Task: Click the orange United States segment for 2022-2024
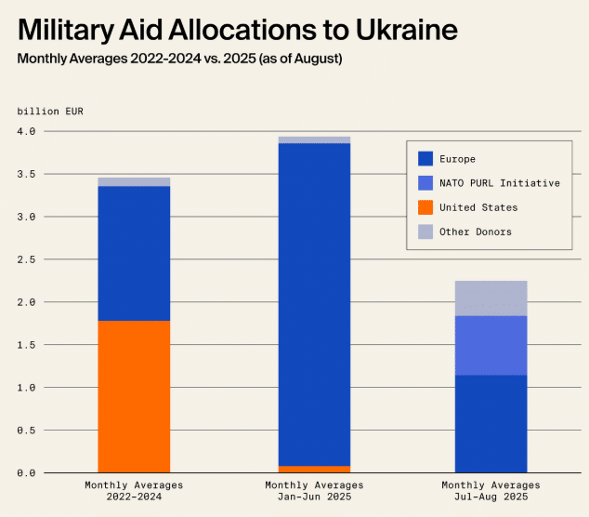134,396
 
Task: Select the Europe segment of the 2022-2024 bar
134,253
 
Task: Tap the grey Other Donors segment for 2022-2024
134,182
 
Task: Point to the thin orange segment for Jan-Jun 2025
314,469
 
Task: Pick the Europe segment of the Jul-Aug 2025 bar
491,423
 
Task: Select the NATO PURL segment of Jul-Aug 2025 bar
491,345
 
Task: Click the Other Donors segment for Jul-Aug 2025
491,298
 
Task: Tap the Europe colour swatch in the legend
425,159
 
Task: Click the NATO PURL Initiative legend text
500,183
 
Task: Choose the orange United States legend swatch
425,207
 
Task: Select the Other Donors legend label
476,232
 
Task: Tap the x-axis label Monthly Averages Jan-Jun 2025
314,491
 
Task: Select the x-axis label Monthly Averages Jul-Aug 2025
491,491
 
